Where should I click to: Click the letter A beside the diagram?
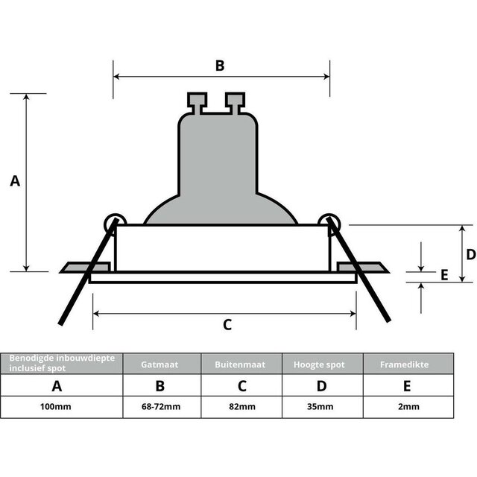coord(15,181)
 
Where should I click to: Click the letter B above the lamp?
coord(220,66)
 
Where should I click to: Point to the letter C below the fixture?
coord(227,324)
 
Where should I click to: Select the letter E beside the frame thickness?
coord(444,275)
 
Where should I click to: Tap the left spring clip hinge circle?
coord(114,222)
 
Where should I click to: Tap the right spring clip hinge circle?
coord(328,222)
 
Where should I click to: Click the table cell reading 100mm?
coord(57,407)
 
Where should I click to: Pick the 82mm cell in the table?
coord(241,407)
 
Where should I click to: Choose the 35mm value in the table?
coord(322,407)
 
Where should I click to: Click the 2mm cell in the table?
coord(407,407)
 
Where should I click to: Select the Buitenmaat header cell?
coord(241,364)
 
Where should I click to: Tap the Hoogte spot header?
coord(322,364)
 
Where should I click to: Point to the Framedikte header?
coord(407,364)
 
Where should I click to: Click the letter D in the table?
coord(322,386)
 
